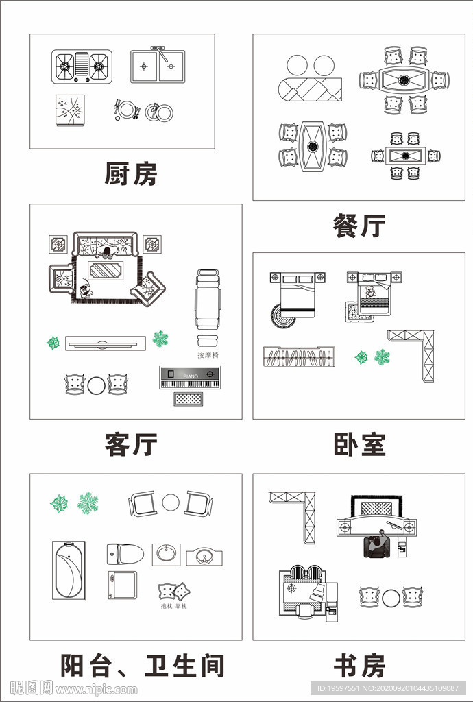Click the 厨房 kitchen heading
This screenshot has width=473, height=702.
130,174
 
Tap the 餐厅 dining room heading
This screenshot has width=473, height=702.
359,226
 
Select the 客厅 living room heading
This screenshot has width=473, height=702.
131,444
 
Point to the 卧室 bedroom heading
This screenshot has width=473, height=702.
359,444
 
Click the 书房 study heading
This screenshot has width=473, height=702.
359,665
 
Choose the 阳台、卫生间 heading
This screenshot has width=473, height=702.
143,665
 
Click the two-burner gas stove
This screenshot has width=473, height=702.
82,66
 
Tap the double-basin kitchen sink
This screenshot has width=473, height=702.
158,66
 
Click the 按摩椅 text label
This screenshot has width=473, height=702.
208,355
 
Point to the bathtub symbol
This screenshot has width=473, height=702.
69,570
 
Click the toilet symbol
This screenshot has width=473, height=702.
125,553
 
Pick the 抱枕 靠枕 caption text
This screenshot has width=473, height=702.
173,606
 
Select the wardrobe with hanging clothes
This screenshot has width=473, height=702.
299,357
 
